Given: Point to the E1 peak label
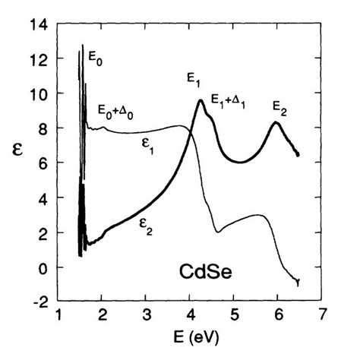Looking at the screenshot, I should (x=194, y=77).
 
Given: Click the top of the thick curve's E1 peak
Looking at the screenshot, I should (x=201, y=100).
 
